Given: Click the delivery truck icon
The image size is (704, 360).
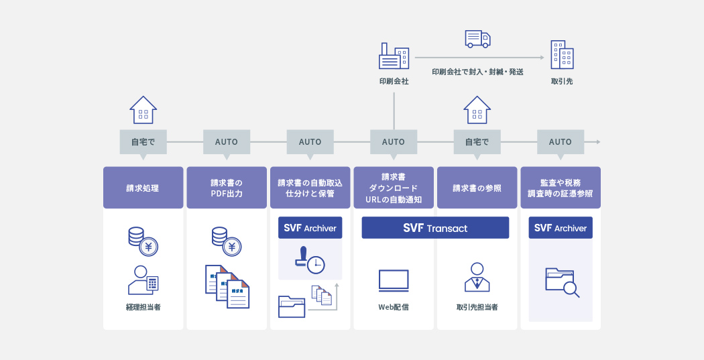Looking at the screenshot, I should (477, 39).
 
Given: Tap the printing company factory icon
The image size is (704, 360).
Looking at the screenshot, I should (394, 57).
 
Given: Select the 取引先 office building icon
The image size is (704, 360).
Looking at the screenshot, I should (562, 55).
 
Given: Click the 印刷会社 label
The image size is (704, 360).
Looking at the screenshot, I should (394, 81).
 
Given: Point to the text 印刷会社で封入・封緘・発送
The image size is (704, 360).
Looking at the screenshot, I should (477, 71).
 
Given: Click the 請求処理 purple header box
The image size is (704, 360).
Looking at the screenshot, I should (143, 188).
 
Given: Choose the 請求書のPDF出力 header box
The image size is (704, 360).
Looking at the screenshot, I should (227, 188).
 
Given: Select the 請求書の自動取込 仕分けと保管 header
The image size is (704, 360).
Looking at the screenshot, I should (310, 188).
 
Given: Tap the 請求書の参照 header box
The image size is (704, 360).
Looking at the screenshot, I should (477, 188).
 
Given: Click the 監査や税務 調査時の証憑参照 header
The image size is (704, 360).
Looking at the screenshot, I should (561, 188).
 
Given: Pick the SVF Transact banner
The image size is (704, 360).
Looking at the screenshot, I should (435, 228).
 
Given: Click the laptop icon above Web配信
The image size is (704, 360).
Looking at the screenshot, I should (394, 280).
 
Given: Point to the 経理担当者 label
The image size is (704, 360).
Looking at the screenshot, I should (143, 307).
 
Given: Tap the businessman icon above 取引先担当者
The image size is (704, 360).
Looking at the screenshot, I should (477, 277).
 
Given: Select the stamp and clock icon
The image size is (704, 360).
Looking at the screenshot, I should (309, 259).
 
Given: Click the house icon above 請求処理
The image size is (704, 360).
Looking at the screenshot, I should (143, 110).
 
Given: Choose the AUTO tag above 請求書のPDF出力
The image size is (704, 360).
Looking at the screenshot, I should (227, 142).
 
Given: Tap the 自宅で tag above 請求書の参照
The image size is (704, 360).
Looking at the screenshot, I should (477, 142).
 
